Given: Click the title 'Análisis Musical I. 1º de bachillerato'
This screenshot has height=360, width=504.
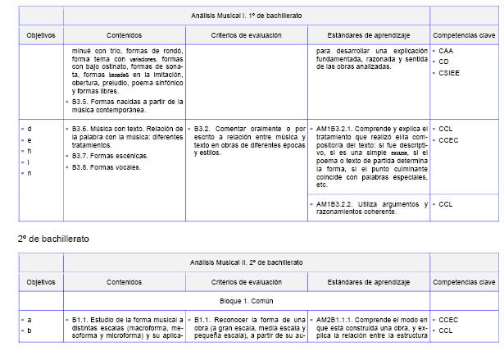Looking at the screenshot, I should coord(245,16).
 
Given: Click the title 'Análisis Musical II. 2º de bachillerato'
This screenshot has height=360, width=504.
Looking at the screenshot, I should coord(245,262).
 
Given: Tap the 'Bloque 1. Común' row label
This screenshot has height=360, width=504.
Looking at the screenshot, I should coord(245,300).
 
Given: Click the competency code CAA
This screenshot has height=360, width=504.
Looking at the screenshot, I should coord(446,50).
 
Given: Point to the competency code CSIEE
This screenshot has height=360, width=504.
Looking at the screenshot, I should coord(450,72).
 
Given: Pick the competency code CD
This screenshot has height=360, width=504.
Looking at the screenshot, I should coord(444,62).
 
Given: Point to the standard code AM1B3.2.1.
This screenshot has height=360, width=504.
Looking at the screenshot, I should coord(335,129).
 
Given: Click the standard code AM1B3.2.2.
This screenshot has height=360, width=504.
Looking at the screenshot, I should coord(335,203).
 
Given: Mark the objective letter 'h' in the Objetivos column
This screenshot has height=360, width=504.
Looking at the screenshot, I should coord(30,151).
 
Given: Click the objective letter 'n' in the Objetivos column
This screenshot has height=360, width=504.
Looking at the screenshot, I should coord(30,173).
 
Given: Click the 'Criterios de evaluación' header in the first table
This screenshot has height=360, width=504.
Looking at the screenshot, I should coord(246,36).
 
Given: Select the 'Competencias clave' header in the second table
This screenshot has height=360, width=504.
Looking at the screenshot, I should coord(463,281).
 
